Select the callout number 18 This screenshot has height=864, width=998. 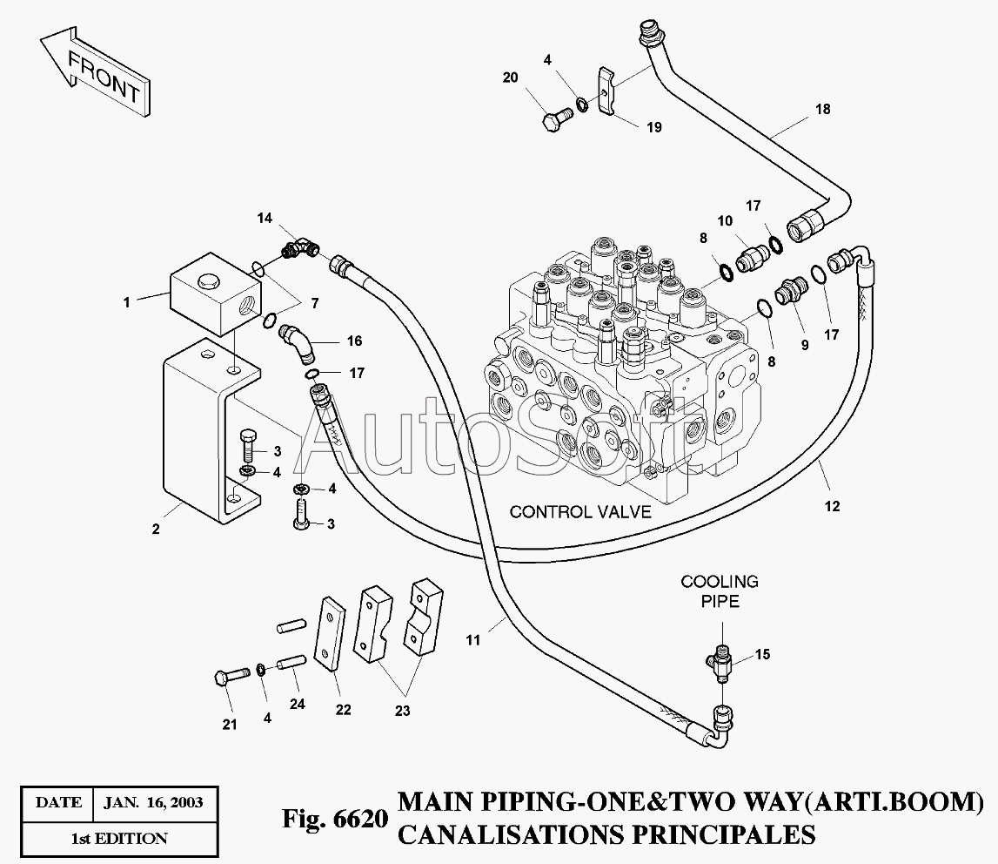[823, 110]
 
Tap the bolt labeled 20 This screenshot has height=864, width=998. [556, 118]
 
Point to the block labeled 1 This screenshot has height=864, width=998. [215, 294]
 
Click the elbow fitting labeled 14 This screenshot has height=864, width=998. [301, 247]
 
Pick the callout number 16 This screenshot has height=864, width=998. [354, 341]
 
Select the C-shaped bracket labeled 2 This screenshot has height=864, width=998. [211, 432]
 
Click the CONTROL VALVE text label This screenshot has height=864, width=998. [580, 512]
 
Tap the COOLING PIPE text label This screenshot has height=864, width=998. [720, 591]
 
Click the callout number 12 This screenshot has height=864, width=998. [833, 507]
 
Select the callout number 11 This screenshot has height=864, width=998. [473, 640]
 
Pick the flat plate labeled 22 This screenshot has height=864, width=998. [331, 632]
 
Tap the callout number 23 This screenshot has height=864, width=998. [402, 711]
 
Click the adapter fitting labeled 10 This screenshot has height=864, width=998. [752, 257]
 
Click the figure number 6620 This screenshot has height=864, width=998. [360, 818]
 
